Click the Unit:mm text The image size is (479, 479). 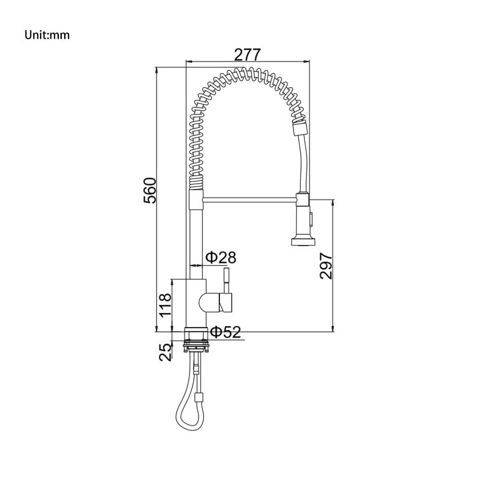(x=47, y=35)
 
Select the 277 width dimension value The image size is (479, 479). (x=247, y=55)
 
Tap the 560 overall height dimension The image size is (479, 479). (x=149, y=191)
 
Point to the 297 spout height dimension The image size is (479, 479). (x=326, y=266)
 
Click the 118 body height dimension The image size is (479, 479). (x=165, y=305)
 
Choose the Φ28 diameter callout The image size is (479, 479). (x=221, y=258)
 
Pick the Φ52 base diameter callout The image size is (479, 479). (x=226, y=332)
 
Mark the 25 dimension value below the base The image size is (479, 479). (x=165, y=352)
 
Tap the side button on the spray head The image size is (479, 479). (x=311, y=219)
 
